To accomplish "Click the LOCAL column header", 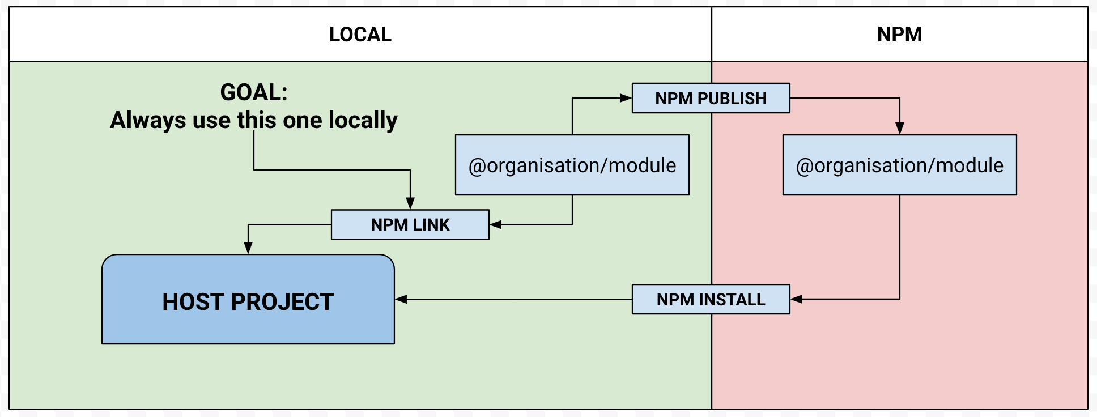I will [x=360, y=35].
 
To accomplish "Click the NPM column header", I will [x=899, y=35].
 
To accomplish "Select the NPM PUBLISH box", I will [x=711, y=98].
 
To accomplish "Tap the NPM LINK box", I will [x=410, y=225].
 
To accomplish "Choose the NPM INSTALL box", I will [x=711, y=299].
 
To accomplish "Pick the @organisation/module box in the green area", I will [x=572, y=165].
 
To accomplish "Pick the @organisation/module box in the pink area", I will [x=899, y=165].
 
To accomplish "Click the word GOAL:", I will [x=254, y=92].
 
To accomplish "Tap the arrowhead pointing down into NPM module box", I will [x=899, y=129].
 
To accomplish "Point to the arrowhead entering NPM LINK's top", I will [x=410, y=203].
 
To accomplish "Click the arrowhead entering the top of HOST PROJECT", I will [x=248, y=248].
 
